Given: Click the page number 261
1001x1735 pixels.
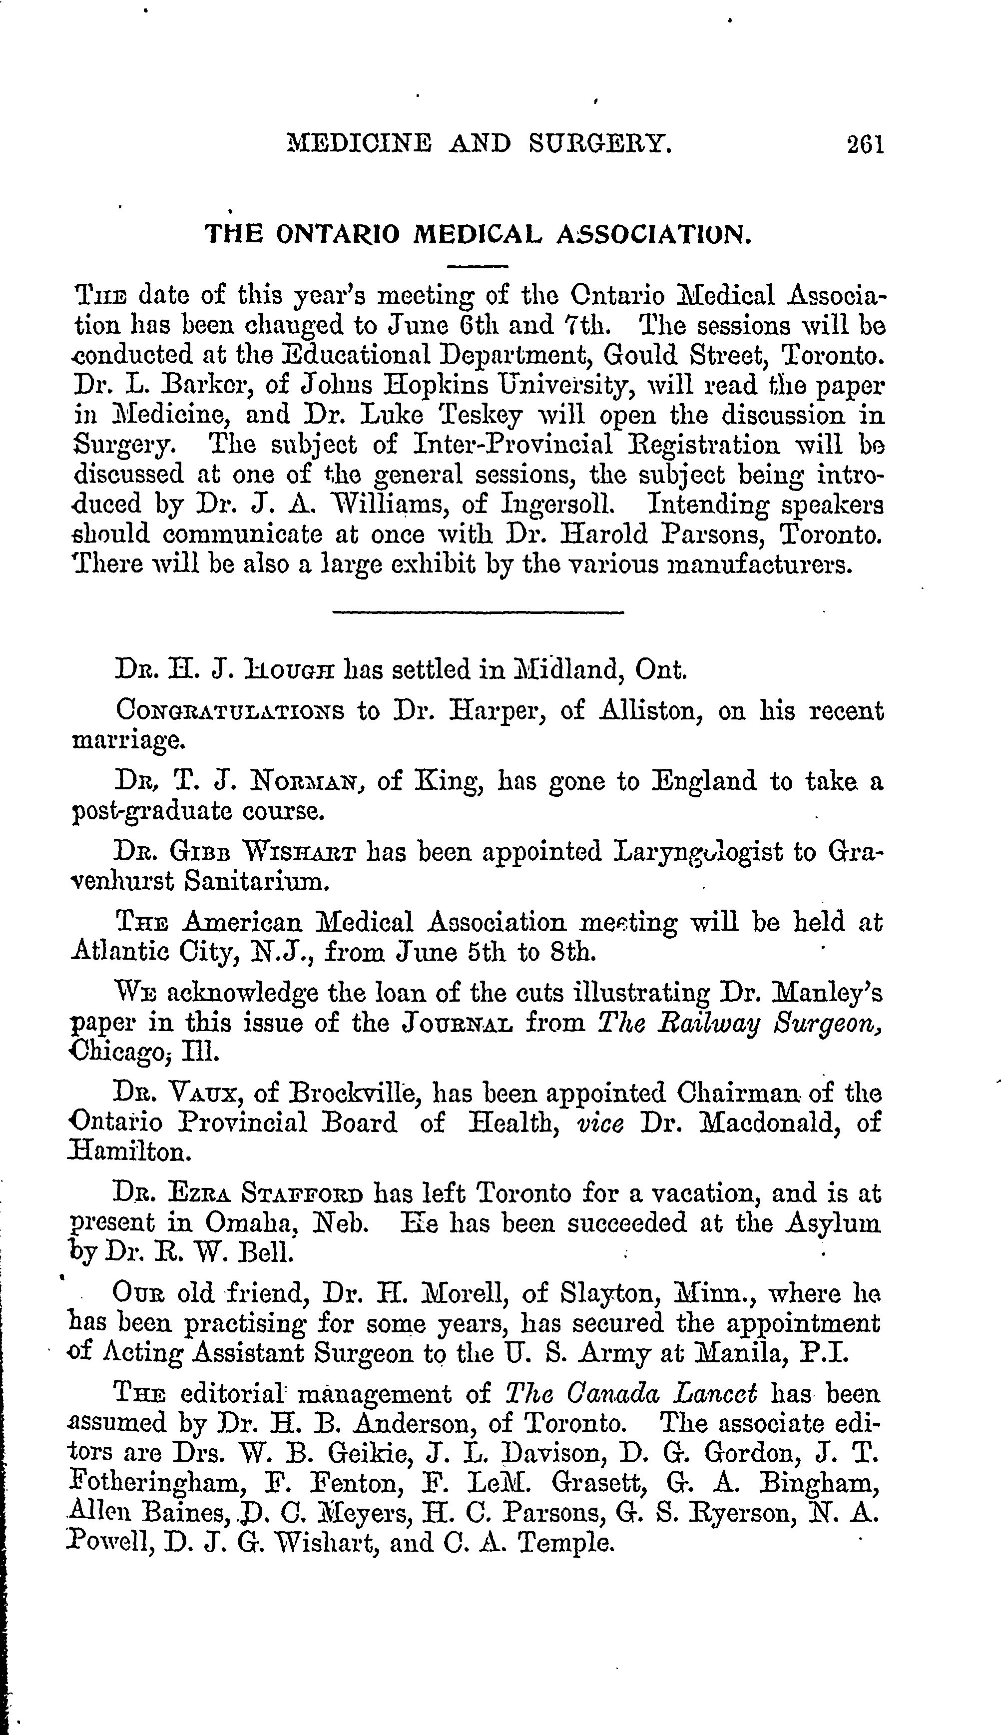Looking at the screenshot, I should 864,145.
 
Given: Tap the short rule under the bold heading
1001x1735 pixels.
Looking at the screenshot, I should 477,265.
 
